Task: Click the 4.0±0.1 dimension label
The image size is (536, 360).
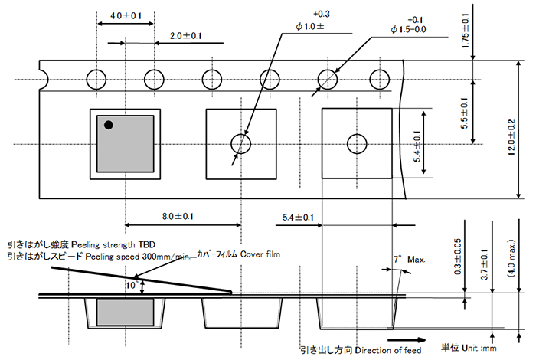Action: point(126,16)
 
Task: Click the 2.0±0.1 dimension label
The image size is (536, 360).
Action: point(185,36)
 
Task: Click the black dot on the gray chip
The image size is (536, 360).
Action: point(109,124)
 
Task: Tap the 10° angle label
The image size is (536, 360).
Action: point(132,285)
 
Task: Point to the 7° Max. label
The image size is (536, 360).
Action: point(408,260)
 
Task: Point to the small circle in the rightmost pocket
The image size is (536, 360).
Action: point(357,143)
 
